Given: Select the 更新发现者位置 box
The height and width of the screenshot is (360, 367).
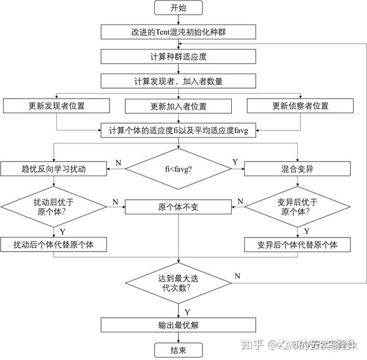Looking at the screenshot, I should (56, 105).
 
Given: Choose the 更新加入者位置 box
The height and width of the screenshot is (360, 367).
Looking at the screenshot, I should (178, 106).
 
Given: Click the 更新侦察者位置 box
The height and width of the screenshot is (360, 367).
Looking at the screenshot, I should (300, 105).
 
